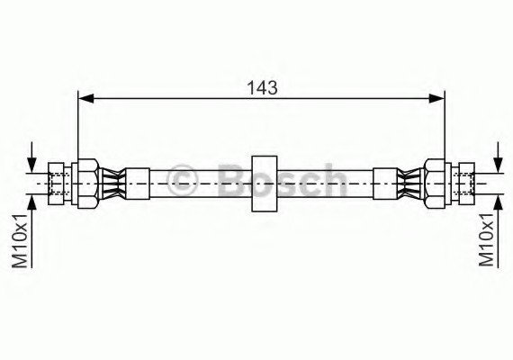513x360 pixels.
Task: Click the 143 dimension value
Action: tap(262, 87)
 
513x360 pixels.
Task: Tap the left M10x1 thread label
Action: tap(19, 241)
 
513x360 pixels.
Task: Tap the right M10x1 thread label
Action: tap(486, 239)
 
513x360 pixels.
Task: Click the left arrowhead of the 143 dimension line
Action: tap(86, 98)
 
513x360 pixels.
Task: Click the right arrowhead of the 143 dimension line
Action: tap(436, 98)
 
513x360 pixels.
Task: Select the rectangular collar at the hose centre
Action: tap(265, 184)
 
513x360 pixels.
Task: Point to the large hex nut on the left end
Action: tap(88, 184)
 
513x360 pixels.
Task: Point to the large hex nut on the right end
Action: tap(435, 184)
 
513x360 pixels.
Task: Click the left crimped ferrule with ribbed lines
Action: tap(112, 184)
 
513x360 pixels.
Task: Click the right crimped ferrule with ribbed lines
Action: tap(410, 184)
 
